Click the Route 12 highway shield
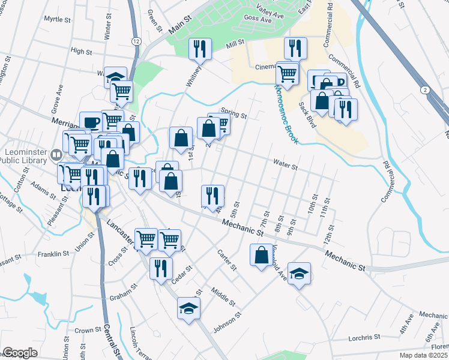(x=137, y=40)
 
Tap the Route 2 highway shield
(x=425, y=89)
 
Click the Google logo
(x=20, y=353)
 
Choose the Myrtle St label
(x=58, y=19)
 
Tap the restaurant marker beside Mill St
(x=199, y=49)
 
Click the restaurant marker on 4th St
(x=213, y=196)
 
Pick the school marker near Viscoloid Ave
(x=299, y=273)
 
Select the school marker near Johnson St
(x=188, y=308)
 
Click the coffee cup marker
(x=91, y=122)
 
